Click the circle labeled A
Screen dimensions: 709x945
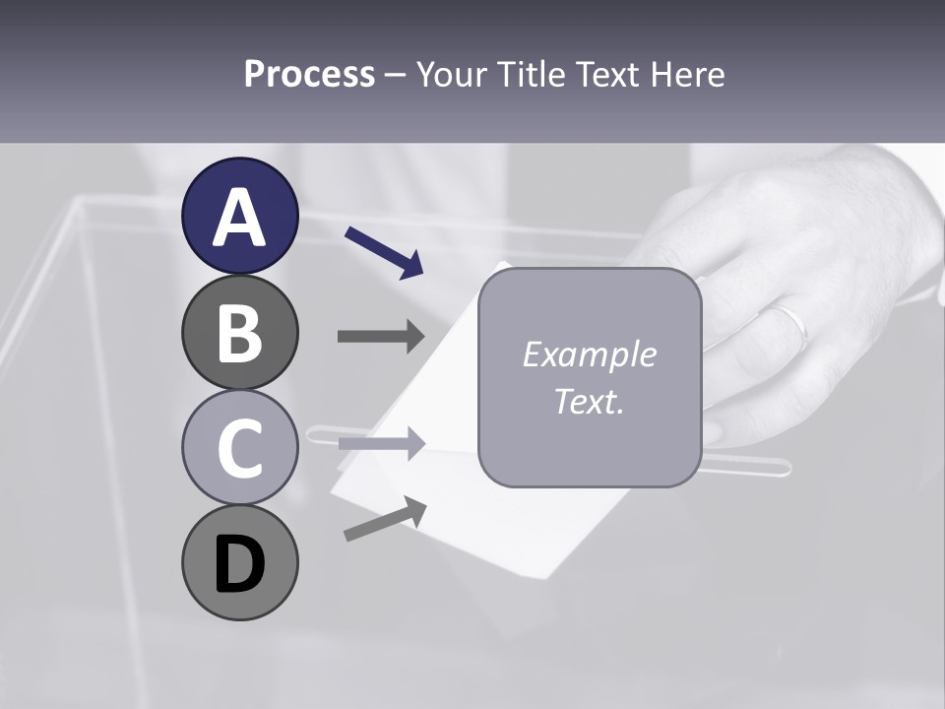(x=239, y=216)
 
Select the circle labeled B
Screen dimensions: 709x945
(x=239, y=332)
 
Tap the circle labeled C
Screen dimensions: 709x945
(x=239, y=447)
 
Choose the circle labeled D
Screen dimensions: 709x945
(x=239, y=562)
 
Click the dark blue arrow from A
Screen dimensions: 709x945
(x=384, y=251)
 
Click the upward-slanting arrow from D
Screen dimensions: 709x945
(x=385, y=520)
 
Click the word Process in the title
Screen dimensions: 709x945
(x=309, y=75)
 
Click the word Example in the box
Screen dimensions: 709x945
(x=589, y=354)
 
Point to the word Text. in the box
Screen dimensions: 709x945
(x=589, y=401)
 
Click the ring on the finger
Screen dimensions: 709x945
(x=790, y=324)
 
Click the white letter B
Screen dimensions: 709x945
(x=239, y=332)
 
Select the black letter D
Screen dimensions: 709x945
(x=239, y=562)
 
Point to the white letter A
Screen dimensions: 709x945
(x=239, y=217)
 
